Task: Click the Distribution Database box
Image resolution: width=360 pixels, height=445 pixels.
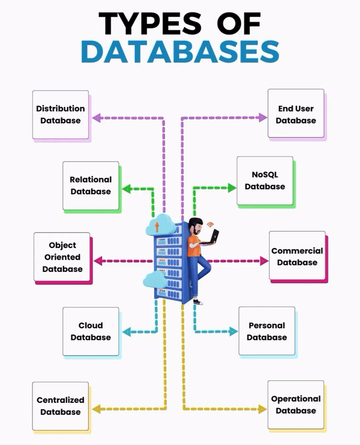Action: (x=60, y=115)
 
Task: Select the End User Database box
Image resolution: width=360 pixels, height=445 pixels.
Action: (x=296, y=115)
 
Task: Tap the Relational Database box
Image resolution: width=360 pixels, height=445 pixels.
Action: (x=91, y=186)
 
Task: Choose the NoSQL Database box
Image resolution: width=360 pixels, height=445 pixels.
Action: (x=265, y=180)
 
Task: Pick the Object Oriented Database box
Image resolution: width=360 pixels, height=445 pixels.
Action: (x=62, y=257)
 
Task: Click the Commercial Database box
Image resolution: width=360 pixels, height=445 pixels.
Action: (x=297, y=256)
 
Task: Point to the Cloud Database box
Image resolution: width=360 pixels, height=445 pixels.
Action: (x=91, y=331)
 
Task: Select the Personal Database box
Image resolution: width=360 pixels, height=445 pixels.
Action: (x=266, y=331)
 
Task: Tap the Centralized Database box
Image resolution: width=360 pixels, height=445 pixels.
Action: (x=60, y=406)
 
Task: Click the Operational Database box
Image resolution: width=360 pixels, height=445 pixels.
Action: (x=296, y=405)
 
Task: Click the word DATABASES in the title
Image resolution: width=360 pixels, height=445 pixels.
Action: (x=180, y=52)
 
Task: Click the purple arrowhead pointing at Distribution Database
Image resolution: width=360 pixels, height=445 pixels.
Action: (x=100, y=117)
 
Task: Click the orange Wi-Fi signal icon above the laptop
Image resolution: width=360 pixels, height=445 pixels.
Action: (x=210, y=225)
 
